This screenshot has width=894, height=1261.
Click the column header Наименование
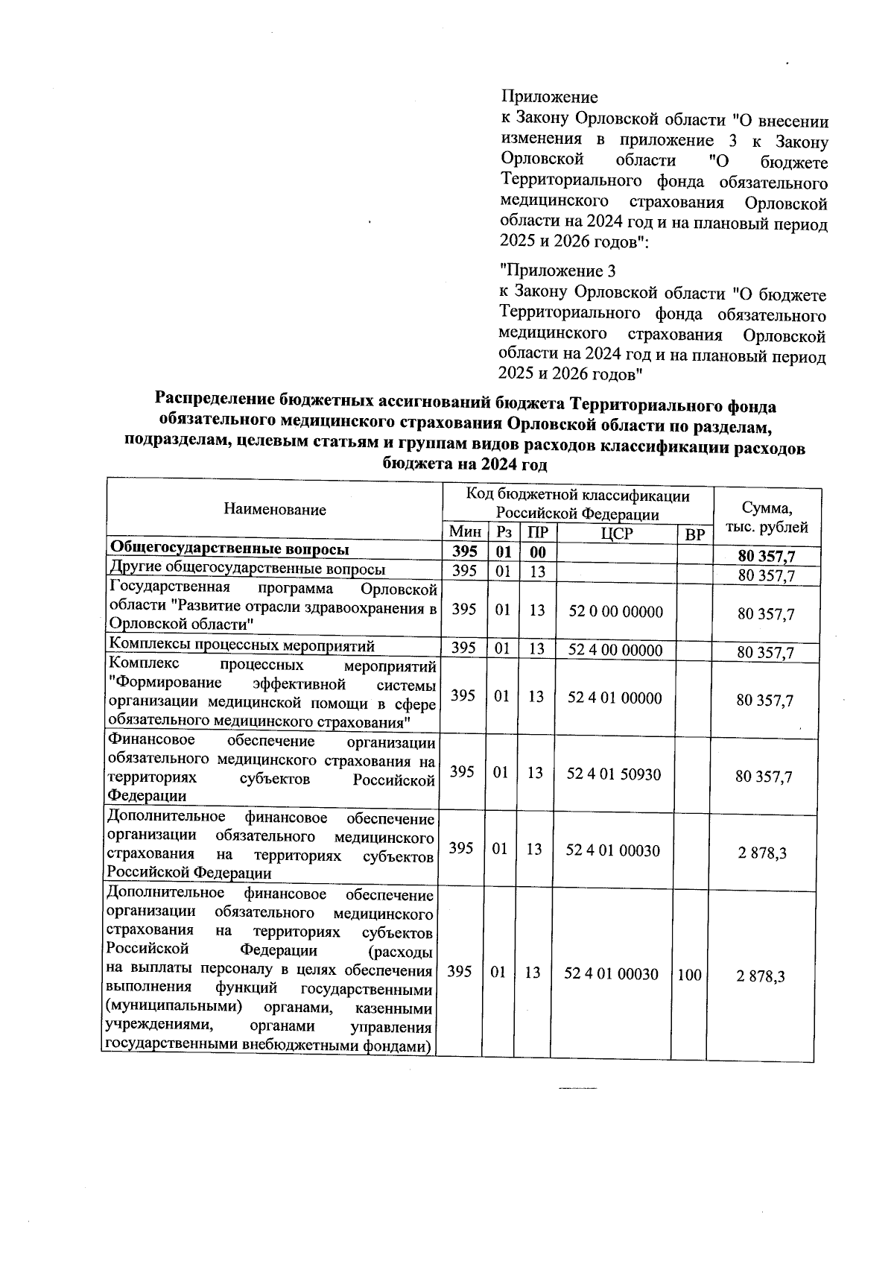[x=274, y=510]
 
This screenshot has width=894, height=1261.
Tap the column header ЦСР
[x=615, y=534]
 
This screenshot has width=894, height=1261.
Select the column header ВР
[x=694, y=534]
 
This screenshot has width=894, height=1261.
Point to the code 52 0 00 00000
[x=615, y=611]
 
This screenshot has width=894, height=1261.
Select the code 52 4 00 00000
[x=615, y=649]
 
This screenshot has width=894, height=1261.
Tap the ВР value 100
[x=689, y=974]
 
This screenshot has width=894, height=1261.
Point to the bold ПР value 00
[x=537, y=552]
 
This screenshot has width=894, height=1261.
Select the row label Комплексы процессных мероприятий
[x=241, y=645]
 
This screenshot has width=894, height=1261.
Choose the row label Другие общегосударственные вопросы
[x=247, y=569]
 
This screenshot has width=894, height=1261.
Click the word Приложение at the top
[x=549, y=97]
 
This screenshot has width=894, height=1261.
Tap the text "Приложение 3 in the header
[x=557, y=271]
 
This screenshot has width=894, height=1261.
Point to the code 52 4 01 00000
[x=615, y=698]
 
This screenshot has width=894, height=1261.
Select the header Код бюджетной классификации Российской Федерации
[x=577, y=505]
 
